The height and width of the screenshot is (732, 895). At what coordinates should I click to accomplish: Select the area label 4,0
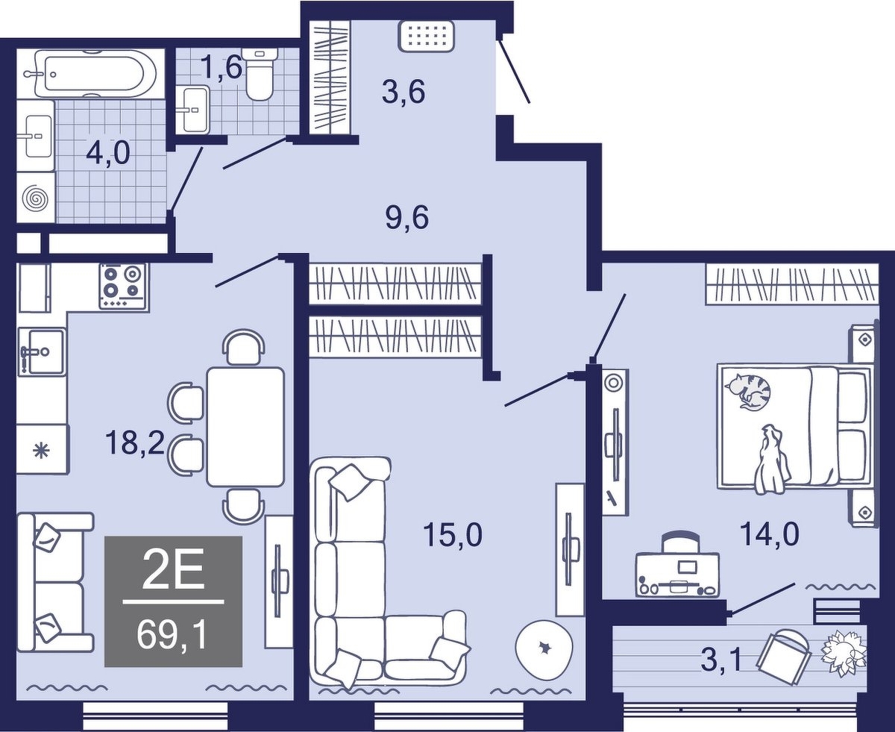point(108,154)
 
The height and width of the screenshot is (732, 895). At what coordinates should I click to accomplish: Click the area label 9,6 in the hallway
point(407,218)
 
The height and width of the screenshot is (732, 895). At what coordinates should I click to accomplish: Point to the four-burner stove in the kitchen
point(125,286)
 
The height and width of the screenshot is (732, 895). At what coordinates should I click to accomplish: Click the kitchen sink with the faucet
point(42,352)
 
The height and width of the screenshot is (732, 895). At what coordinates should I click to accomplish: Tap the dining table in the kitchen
point(245,427)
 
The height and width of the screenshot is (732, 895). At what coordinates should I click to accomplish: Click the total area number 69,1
point(172,635)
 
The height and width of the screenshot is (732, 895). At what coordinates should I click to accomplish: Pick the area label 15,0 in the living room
point(453,534)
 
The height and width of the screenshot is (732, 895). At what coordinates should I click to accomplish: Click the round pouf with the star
point(544,647)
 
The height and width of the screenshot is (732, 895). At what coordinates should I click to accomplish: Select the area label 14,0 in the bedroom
point(770,534)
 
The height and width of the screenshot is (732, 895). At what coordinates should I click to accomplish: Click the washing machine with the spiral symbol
point(36,197)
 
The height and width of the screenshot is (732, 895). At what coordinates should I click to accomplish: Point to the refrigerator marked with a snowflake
point(43,450)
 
